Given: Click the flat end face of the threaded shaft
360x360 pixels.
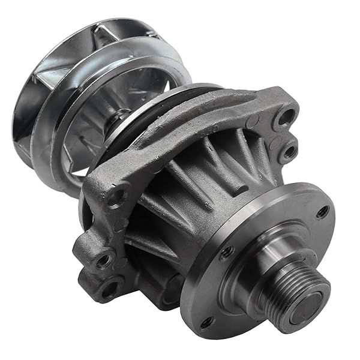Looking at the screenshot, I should coord(314,298).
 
